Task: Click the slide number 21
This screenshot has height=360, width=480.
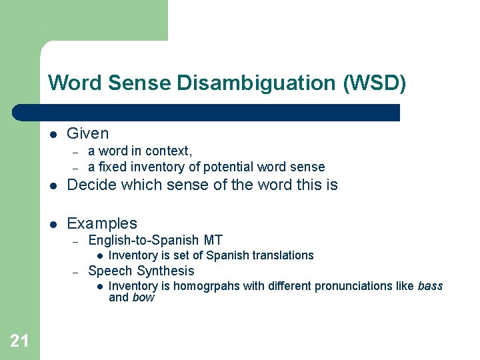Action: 19,341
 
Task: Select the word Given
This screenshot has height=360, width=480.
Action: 88,133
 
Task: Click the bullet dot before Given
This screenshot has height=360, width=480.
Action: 53,134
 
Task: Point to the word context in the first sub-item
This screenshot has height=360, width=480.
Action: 168,151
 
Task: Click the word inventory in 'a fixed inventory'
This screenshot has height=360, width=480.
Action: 157,167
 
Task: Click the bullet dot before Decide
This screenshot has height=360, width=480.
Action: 53,185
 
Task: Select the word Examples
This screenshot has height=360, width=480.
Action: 102,223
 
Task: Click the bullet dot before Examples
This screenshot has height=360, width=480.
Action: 53,224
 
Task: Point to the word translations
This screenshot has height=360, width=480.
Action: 282,255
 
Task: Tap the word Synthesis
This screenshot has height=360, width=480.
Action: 165,271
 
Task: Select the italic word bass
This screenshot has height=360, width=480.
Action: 430,286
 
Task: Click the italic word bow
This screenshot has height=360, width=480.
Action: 143,297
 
